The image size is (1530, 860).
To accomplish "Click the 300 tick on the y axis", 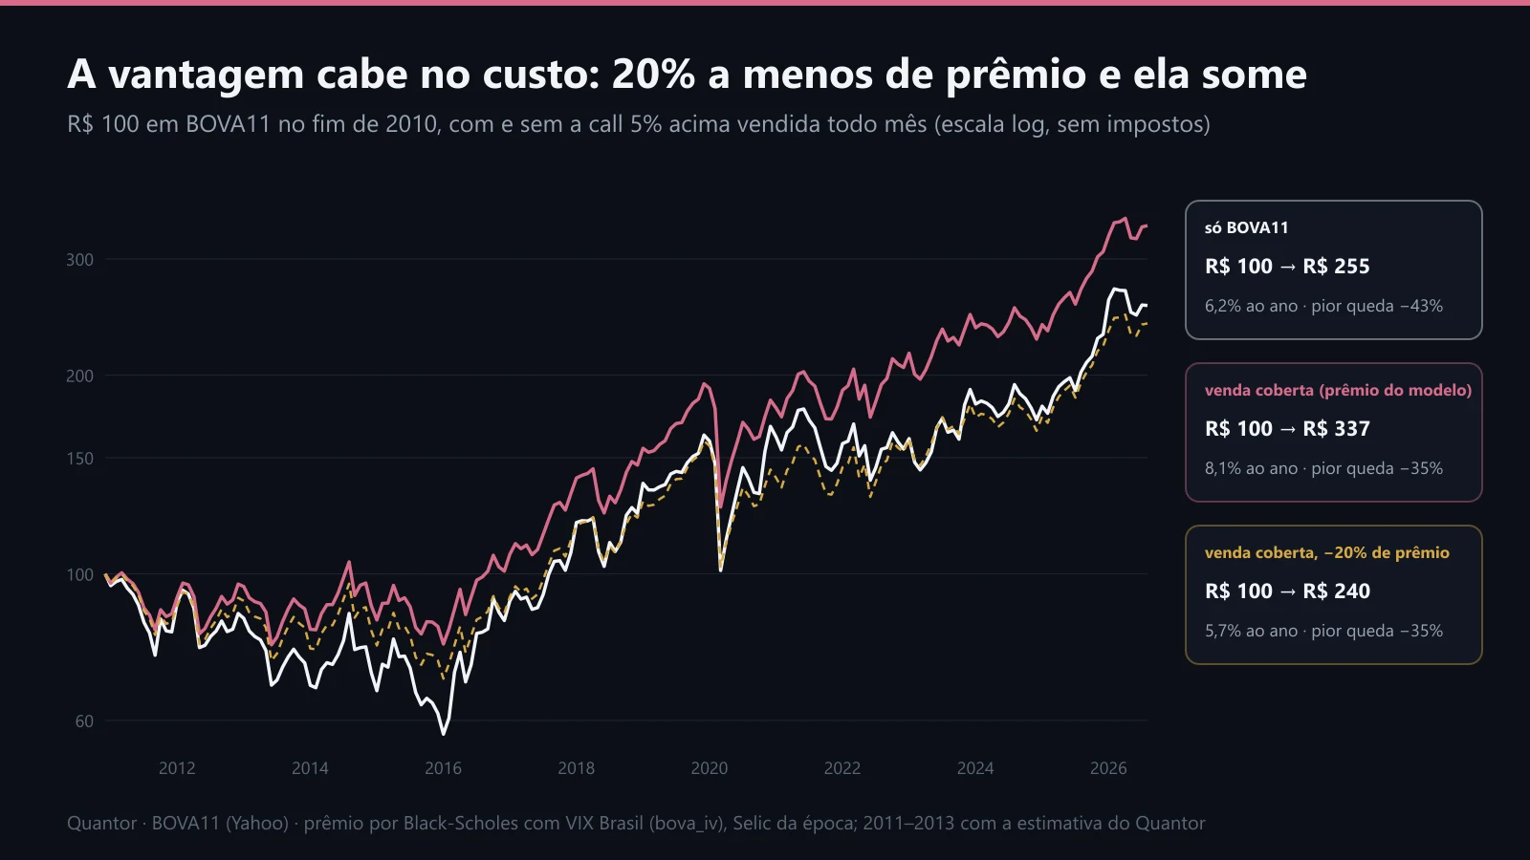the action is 80,259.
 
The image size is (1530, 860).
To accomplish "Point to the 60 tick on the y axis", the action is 84,720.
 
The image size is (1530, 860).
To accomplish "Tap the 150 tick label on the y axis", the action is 80,458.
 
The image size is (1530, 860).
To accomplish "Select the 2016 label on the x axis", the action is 444,768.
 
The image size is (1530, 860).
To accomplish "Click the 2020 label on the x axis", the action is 709,768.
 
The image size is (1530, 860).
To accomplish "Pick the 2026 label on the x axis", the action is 1108,768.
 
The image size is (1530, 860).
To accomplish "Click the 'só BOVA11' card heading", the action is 1247,227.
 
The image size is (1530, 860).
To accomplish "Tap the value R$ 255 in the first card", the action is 1336,266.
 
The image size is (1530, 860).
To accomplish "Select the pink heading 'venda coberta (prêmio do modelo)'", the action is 1338,390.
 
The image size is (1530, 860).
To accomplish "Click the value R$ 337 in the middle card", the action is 1336,428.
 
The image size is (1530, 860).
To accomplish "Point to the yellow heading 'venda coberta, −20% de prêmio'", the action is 1326,552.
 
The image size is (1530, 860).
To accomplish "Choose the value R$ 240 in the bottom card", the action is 1336,591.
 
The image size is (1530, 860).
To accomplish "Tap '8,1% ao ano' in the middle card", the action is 1252,468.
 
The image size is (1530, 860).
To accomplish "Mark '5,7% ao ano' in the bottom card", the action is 1252,631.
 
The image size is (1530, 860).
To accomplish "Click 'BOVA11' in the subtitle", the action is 229,124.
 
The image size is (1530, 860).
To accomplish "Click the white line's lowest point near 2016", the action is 444,734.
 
